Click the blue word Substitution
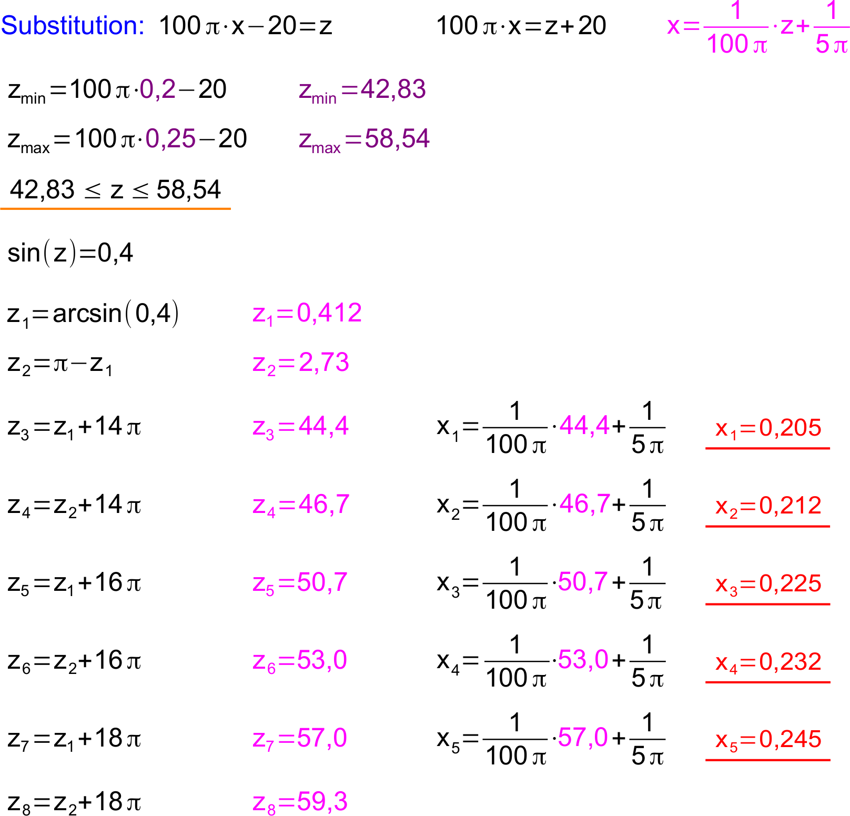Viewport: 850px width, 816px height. coord(72,26)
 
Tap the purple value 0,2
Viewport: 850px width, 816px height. coord(158,89)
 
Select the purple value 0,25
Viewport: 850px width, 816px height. coord(170,138)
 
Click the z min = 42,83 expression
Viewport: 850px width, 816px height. coord(362,90)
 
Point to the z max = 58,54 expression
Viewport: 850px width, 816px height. coord(364,139)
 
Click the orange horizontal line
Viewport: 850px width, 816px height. coord(115,209)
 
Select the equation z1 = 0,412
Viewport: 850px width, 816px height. coord(307,314)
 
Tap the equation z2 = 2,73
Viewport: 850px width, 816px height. coord(301,363)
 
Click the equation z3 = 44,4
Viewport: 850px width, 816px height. coord(301,427)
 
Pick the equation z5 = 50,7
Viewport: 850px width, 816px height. coord(300,583)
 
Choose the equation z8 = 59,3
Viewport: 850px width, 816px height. coord(300,802)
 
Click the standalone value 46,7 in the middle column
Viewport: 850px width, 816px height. coord(584,503)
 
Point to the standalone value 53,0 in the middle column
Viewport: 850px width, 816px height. coord(583,659)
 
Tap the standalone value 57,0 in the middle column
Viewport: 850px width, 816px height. coord(583,737)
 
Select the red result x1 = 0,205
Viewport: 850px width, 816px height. coord(768,428)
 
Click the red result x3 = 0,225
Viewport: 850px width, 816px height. coord(768,584)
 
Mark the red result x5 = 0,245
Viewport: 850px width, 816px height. coord(768,740)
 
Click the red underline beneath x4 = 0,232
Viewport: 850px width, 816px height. coord(768,682)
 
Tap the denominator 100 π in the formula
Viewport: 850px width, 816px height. coord(736,44)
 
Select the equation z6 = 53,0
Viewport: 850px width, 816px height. coord(300,661)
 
